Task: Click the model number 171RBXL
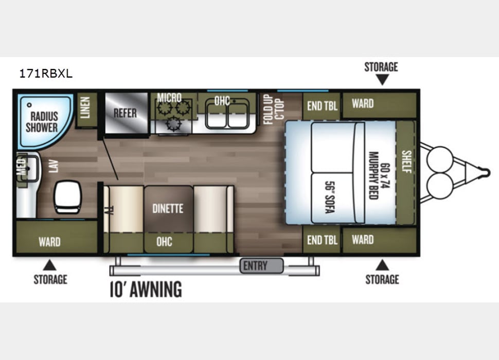[46, 74]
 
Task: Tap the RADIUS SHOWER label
[42, 121]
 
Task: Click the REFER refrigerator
[125, 113]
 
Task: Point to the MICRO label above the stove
[169, 98]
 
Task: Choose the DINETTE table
[168, 209]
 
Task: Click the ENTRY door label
[256, 266]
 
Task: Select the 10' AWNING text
[146, 290]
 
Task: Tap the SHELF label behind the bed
[406, 162]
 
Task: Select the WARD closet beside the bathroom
[49, 241]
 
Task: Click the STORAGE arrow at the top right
[381, 79]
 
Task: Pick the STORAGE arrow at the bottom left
[50, 265]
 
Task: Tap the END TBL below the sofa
[322, 240]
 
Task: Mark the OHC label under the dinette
[164, 241]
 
